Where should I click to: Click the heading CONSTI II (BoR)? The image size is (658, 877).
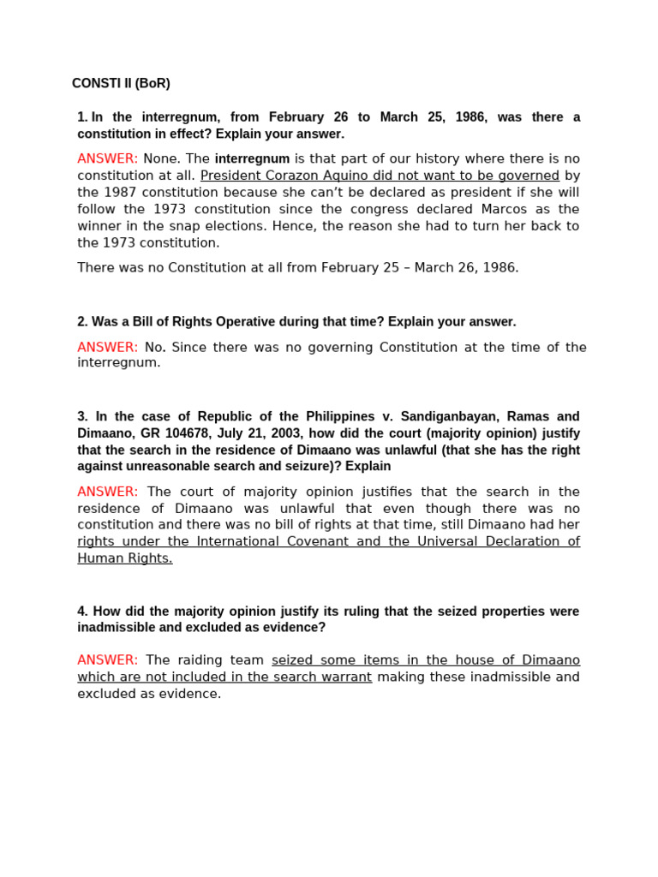click(x=121, y=83)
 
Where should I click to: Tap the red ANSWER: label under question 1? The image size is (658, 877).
click(x=107, y=158)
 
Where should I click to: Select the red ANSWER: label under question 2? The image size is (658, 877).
click(x=107, y=347)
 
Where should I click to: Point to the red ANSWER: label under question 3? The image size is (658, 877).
click(x=107, y=492)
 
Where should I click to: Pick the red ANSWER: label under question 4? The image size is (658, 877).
click(x=107, y=659)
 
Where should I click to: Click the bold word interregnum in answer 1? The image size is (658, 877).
click(x=252, y=158)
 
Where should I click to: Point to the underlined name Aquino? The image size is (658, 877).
click(x=351, y=176)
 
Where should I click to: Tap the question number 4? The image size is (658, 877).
click(x=82, y=612)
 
